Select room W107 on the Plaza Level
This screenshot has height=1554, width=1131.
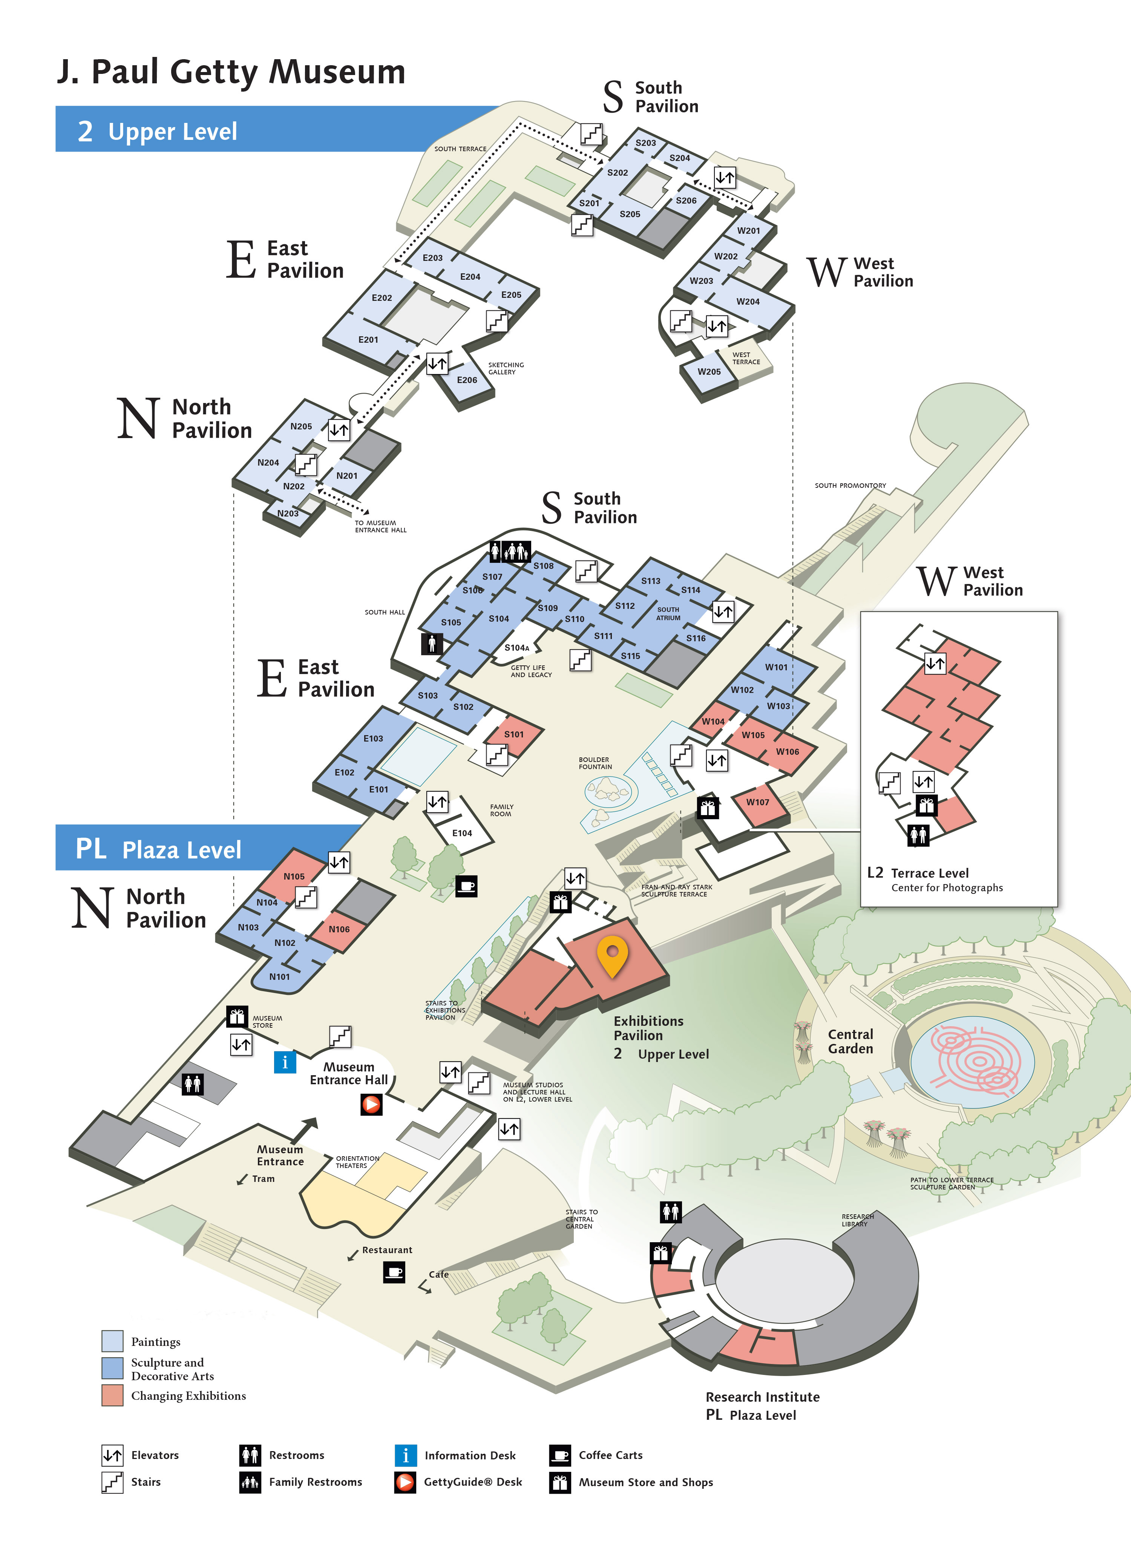[758, 802]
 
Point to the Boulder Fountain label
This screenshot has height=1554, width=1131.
[595, 763]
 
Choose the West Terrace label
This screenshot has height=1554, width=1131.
[746, 359]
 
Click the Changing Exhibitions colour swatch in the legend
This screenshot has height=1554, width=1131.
[112, 1396]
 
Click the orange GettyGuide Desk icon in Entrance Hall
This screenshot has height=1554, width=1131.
[371, 1104]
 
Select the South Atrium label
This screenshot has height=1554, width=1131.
[668, 613]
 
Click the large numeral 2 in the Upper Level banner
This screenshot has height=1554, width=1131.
[85, 131]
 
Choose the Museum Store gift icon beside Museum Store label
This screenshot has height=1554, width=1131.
[237, 1016]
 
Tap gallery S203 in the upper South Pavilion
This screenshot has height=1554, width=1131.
[645, 143]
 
